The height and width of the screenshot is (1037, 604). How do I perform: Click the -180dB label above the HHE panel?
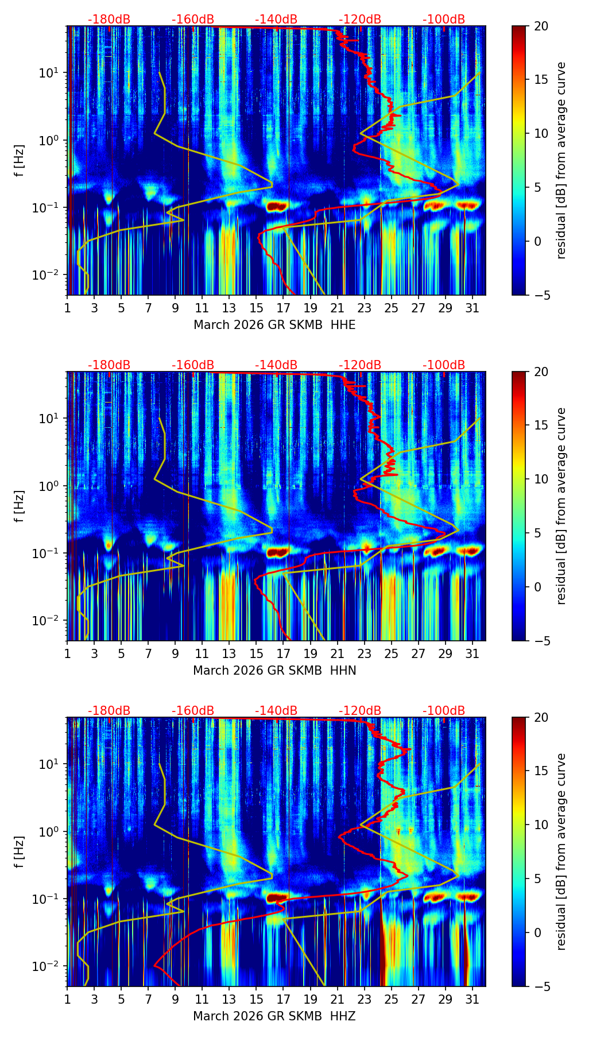(x=109, y=20)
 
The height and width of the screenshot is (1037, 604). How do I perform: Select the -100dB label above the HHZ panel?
(x=444, y=711)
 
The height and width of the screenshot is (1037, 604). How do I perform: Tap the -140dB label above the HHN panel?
(x=276, y=365)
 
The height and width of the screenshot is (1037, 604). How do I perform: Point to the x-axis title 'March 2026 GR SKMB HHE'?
(x=274, y=325)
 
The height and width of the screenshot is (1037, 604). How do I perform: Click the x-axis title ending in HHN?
(x=274, y=671)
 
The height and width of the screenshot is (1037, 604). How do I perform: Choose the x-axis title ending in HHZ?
(x=274, y=1016)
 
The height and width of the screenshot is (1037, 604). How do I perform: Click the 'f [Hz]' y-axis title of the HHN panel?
(x=20, y=506)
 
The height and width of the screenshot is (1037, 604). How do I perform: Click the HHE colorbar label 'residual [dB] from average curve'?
(x=561, y=160)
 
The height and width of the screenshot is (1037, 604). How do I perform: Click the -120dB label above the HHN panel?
(x=360, y=365)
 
